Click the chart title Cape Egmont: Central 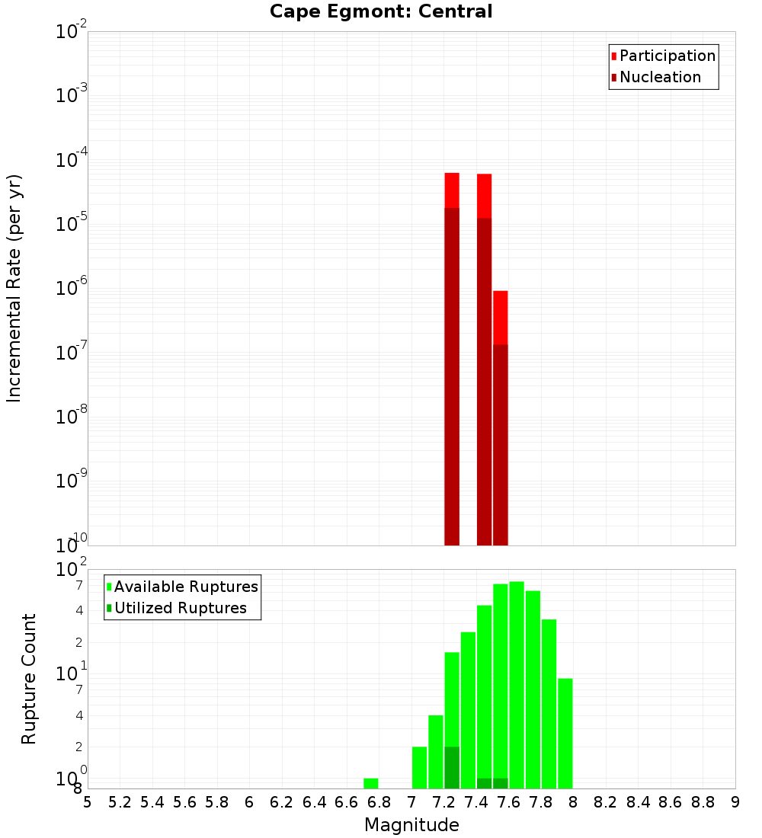pos(381,11)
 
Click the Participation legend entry pos(668,56)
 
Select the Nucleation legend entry pos(660,78)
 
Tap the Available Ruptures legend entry pos(186,587)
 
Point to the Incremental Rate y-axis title pos(14,288)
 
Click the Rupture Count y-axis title pos(29,679)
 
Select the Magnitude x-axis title pos(411,825)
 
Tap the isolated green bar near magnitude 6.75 pos(371,783)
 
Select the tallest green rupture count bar pos(517,685)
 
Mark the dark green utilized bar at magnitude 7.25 pos(452,767)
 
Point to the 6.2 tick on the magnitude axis pos(282,802)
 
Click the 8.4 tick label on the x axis pos(639,802)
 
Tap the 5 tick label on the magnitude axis pos(88,802)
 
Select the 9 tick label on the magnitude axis pos(735,802)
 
